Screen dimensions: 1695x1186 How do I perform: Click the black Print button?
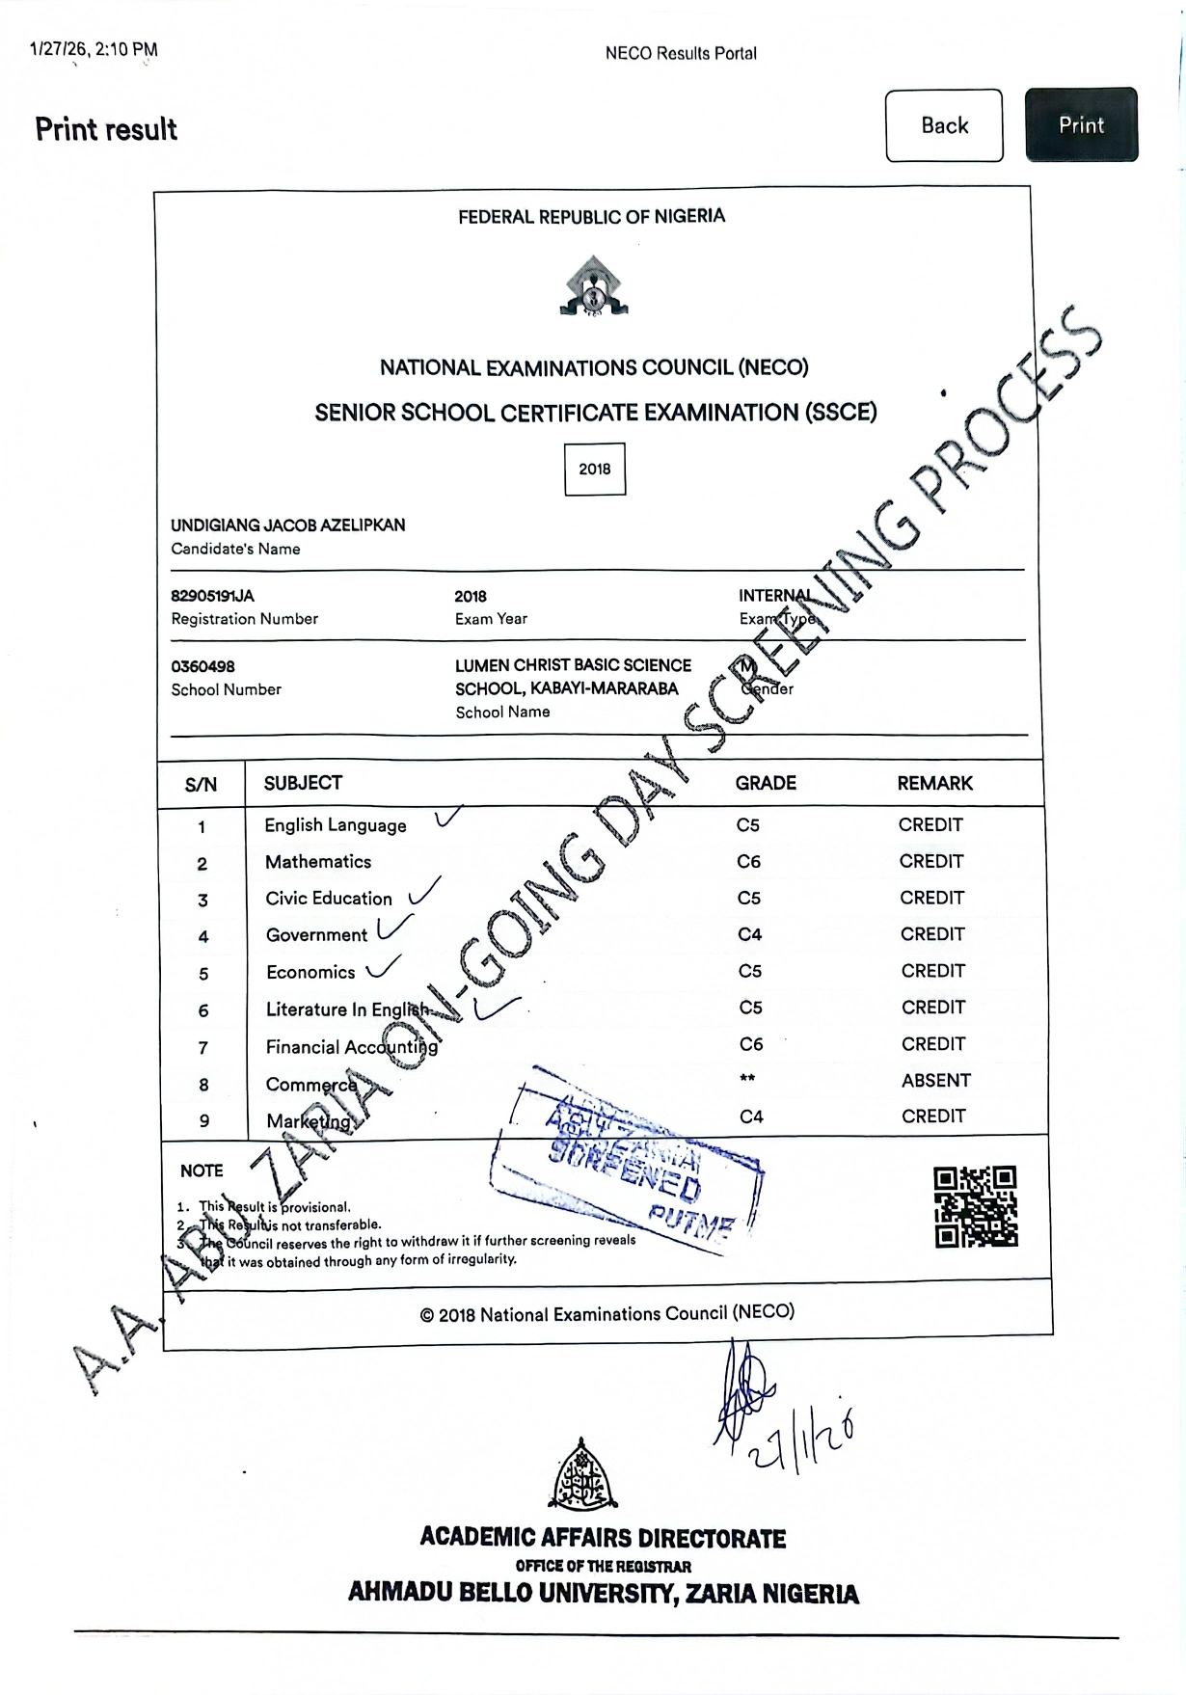coord(1081,124)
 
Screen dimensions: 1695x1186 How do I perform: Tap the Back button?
coord(944,125)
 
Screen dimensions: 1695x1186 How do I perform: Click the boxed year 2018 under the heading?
coord(595,469)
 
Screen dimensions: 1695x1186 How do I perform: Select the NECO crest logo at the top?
coord(593,286)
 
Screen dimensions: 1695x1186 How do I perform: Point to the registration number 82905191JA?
coord(212,596)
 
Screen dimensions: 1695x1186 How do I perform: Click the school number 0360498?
coord(202,666)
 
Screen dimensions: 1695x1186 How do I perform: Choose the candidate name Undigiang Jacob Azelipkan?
coord(287,525)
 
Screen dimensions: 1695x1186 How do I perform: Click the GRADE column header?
coord(766,783)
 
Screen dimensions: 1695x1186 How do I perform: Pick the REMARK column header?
coord(934,783)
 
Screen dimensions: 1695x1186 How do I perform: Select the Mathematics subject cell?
coord(318,862)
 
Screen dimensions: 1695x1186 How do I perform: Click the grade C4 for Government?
coord(749,934)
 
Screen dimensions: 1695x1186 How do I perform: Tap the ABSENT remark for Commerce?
coord(935,1081)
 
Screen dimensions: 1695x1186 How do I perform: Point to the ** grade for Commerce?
coord(747,1079)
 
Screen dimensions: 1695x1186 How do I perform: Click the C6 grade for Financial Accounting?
coord(751,1044)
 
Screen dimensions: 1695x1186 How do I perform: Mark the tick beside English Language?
coord(447,818)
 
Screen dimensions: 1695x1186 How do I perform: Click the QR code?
coord(975,1206)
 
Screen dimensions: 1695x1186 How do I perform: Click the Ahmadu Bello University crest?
coord(581,1475)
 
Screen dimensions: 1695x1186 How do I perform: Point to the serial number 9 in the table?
coord(203,1121)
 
